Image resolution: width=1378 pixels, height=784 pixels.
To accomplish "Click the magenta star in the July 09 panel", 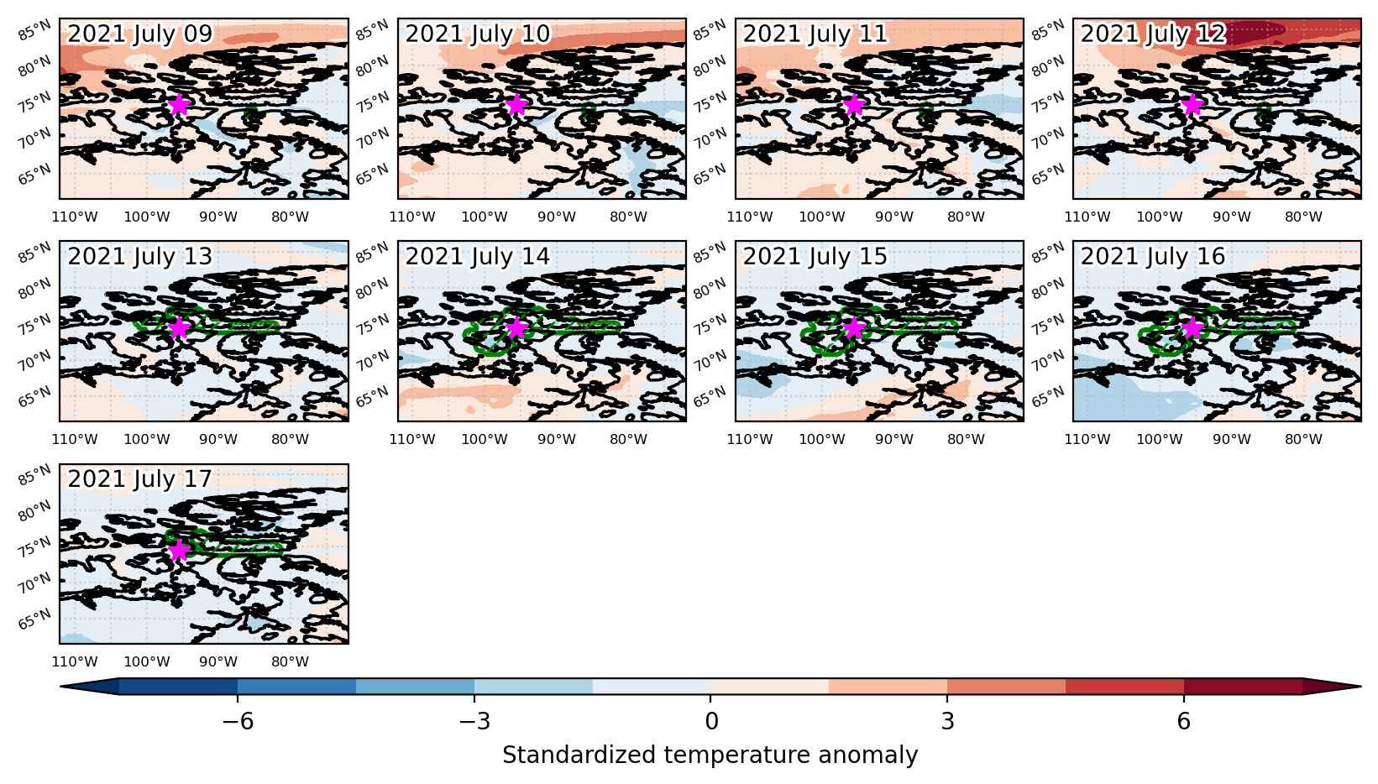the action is [x=178, y=105].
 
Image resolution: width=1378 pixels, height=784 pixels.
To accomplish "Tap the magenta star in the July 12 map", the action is [x=1192, y=105].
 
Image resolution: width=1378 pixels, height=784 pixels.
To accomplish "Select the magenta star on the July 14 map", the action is [x=516, y=327].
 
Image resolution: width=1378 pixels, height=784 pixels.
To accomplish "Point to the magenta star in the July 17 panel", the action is [x=178, y=551].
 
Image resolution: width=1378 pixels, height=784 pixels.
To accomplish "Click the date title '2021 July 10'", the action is [x=477, y=34].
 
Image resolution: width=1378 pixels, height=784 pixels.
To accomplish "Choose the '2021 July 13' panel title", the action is [x=139, y=256].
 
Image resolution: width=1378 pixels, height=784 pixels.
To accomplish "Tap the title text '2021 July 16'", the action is [x=1153, y=256].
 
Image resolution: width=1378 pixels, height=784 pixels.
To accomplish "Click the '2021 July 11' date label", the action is [x=815, y=34].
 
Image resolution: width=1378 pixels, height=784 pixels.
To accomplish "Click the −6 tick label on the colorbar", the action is [x=238, y=721].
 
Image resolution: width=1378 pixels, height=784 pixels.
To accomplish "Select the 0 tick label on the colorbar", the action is [x=711, y=721].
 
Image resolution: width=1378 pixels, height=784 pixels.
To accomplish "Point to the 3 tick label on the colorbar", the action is [x=947, y=721].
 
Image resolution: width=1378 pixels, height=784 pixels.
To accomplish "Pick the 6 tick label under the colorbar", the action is [x=1184, y=721].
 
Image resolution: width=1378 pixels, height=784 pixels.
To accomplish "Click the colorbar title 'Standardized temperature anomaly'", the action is [x=710, y=755].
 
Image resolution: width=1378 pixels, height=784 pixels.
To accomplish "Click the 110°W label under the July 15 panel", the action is [x=749, y=440].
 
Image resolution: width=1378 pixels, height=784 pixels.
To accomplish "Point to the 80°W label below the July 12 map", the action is [x=1303, y=217].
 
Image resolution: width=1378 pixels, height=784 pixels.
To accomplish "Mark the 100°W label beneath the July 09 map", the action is [x=146, y=217].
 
